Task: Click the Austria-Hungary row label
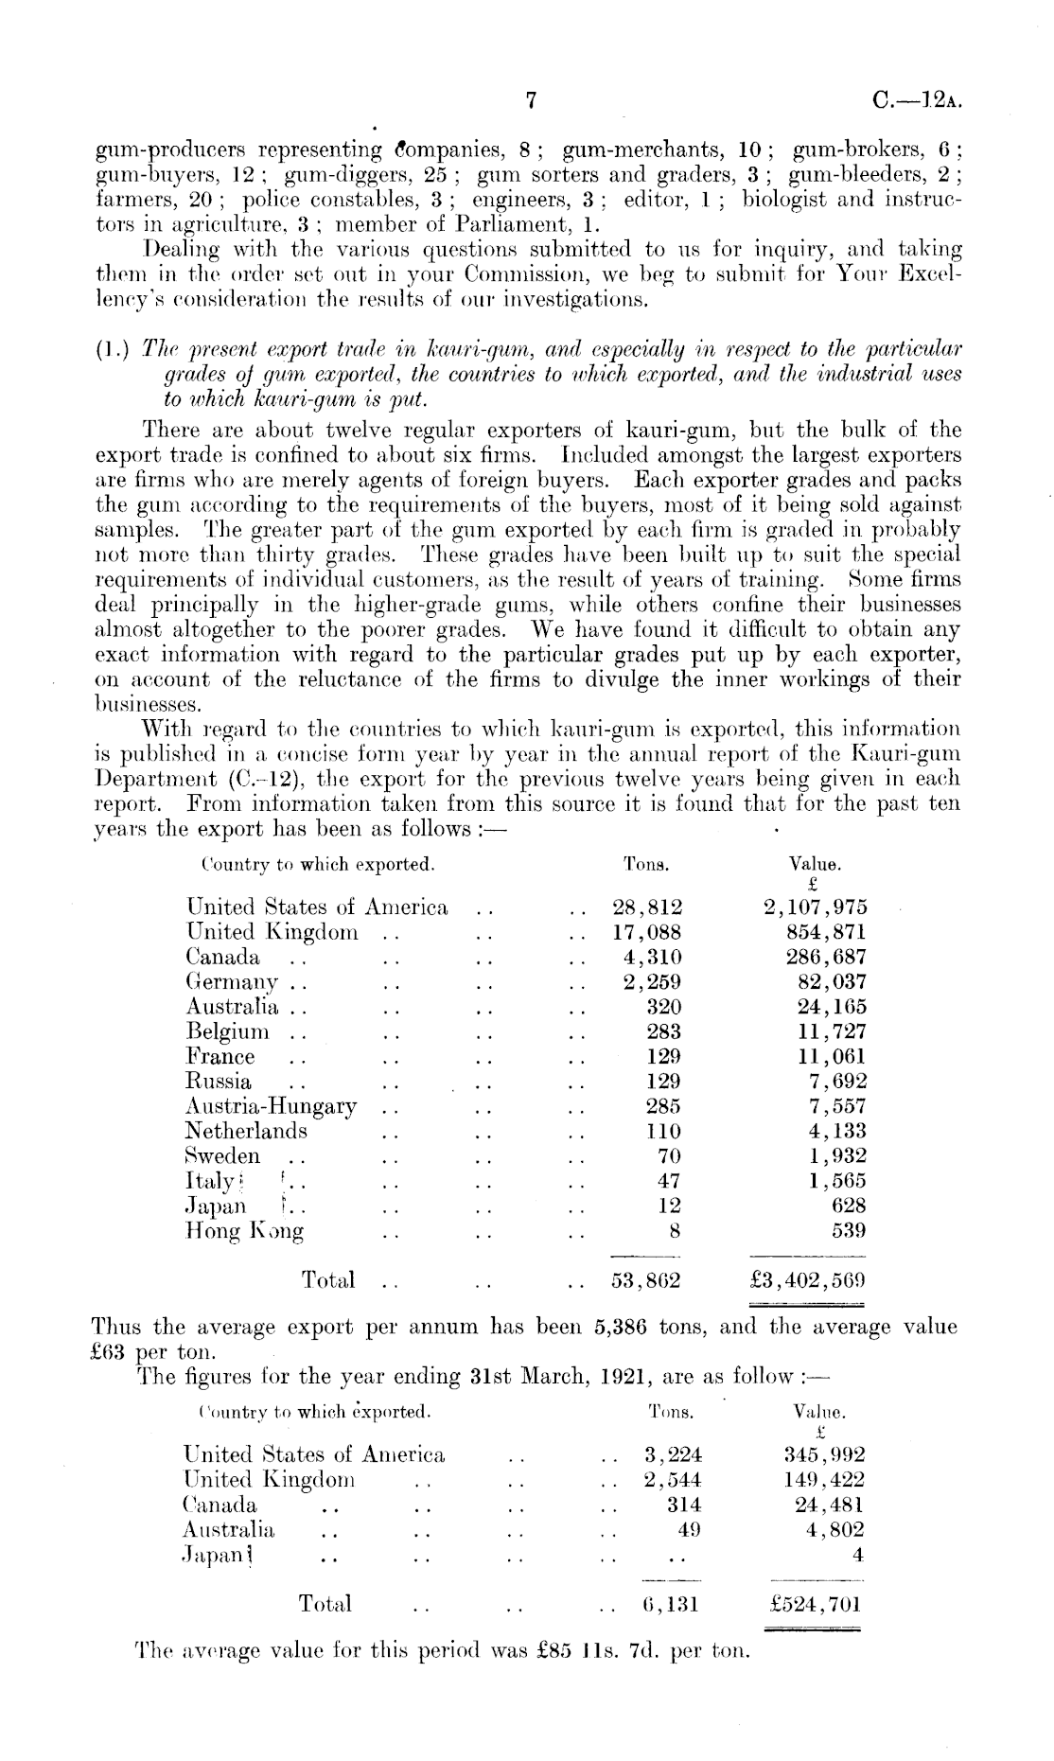(x=272, y=1106)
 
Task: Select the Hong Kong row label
(x=245, y=1231)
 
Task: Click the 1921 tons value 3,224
(x=673, y=1454)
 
